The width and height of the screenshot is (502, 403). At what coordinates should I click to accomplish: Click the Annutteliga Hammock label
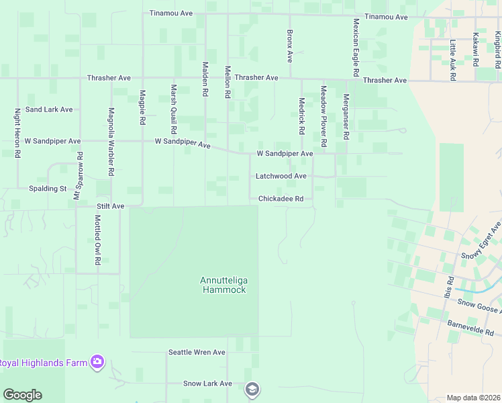click(223, 285)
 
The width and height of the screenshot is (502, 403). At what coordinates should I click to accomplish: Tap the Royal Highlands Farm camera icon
click(98, 363)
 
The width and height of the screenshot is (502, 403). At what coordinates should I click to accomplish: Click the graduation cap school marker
click(252, 389)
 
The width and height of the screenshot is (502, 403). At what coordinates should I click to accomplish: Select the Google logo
click(22, 395)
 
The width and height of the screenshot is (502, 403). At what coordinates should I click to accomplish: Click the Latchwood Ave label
click(281, 176)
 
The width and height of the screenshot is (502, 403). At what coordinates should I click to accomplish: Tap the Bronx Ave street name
click(290, 46)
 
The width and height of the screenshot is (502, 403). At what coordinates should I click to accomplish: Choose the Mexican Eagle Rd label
click(356, 46)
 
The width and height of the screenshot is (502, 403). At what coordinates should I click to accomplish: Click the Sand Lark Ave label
click(49, 109)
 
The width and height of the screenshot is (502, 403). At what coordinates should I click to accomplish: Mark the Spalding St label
click(48, 189)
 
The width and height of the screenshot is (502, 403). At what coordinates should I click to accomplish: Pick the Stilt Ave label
click(111, 206)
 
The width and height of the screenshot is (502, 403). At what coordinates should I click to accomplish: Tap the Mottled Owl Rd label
click(97, 238)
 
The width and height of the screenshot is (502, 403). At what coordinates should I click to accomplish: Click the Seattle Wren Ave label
click(197, 352)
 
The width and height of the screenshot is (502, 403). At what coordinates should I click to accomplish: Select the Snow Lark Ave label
click(207, 384)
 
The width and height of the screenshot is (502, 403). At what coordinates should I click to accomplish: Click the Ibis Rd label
click(448, 287)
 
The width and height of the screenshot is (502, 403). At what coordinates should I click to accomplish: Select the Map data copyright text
click(472, 397)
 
